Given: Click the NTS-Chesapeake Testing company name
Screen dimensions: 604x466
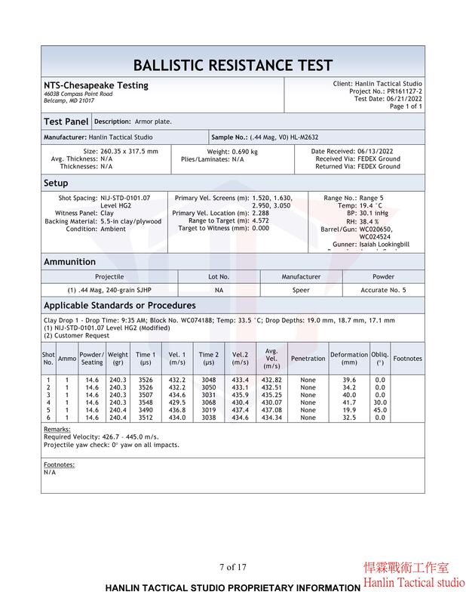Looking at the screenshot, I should click(x=96, y=85).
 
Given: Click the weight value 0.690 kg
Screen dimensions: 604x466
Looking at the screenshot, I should click(x=243, y=152).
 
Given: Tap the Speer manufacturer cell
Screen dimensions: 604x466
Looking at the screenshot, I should click(x=301, y=290).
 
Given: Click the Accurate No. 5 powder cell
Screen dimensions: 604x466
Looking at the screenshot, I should click(x=383, y=290).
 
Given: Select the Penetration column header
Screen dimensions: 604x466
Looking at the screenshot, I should click(x=308, y=359).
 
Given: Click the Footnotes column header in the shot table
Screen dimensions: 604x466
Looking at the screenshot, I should click(x=408, y=359).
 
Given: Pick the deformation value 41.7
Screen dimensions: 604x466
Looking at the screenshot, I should click(x=349, y=402).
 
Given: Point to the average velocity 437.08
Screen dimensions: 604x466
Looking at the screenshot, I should click(x=271, y=410).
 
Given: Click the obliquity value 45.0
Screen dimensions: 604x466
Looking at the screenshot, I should click(x=380, y=410).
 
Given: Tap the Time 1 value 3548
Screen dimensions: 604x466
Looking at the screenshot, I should click(x=146, y=402).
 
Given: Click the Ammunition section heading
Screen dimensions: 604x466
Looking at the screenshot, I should click(x=69, y=262).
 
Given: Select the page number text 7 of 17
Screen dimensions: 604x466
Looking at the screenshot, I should click(x=233, y=567).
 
